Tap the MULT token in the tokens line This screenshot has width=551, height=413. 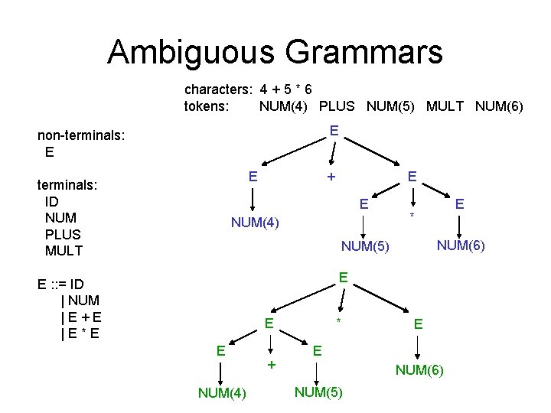[445, 106]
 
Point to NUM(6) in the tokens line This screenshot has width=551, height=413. [499, 106]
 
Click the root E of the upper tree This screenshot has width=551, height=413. [334, 131]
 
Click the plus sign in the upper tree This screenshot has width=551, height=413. [331, 177]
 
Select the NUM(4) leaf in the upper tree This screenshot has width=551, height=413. [256, 223]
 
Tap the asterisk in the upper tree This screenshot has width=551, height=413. [412, 216]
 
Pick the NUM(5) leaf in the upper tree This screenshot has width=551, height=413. [365, 246]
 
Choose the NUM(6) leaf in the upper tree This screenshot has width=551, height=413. [460, 245]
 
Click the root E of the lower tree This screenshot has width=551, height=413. [344, 276]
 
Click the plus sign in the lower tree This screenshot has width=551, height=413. [270, 365]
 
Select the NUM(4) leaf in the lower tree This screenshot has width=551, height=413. [222, 393]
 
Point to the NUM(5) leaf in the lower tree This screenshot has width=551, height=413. [318, 393]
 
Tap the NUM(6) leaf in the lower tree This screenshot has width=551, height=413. [419, 371]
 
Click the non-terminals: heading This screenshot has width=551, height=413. [81, 135]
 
